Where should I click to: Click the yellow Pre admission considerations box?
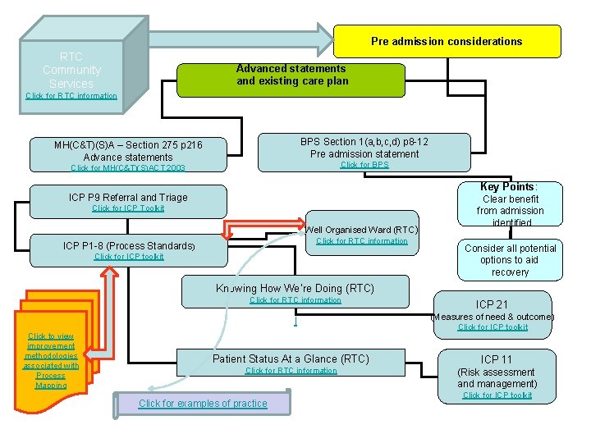click(447, 41)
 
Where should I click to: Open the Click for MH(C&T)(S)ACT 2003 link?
click(128, 168)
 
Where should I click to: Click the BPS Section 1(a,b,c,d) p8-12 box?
click(364, 147)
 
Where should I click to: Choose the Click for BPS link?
click(364, 165)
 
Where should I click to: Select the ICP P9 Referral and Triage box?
click(128, 197)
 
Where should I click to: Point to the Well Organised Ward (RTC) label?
click(361, 230)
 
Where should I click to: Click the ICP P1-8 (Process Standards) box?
click(129, 245)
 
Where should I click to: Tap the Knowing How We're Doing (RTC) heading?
click(295, 288)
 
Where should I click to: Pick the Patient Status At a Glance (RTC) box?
click(291, 359)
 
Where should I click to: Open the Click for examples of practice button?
click(203, 404)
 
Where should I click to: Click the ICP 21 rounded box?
click(492, 304)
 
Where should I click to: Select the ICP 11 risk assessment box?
click(497, 372)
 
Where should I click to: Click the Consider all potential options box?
click(510, 260)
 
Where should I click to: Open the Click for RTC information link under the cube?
click(71, 96)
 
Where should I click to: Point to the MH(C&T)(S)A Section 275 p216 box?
click(128, 151)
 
